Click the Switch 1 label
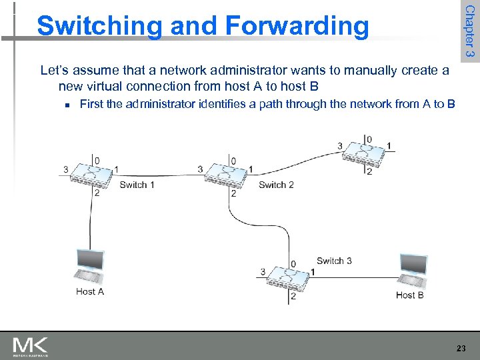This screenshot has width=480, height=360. click(x=137, y=185)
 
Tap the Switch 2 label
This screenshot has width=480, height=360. click(x=276, y=185)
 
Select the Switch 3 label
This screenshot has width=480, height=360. click(x=334, y=261)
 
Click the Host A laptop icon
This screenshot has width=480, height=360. click(x=89, y=266)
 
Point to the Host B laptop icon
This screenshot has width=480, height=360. click(x=412, y=270)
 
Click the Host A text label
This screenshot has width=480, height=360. click(x=90, y=291)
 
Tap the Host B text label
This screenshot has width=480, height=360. click(x=409, y=295)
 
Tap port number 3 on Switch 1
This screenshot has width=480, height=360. click(x=65, y=169)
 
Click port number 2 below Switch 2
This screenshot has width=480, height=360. click(x=233, y=194)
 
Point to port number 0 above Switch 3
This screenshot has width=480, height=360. click(x=293, y=263)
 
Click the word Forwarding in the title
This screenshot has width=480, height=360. click(x=297, y=26)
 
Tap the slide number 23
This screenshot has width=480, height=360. click(x=461, y=348)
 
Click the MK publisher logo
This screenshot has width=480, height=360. click(x=30, y=347)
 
